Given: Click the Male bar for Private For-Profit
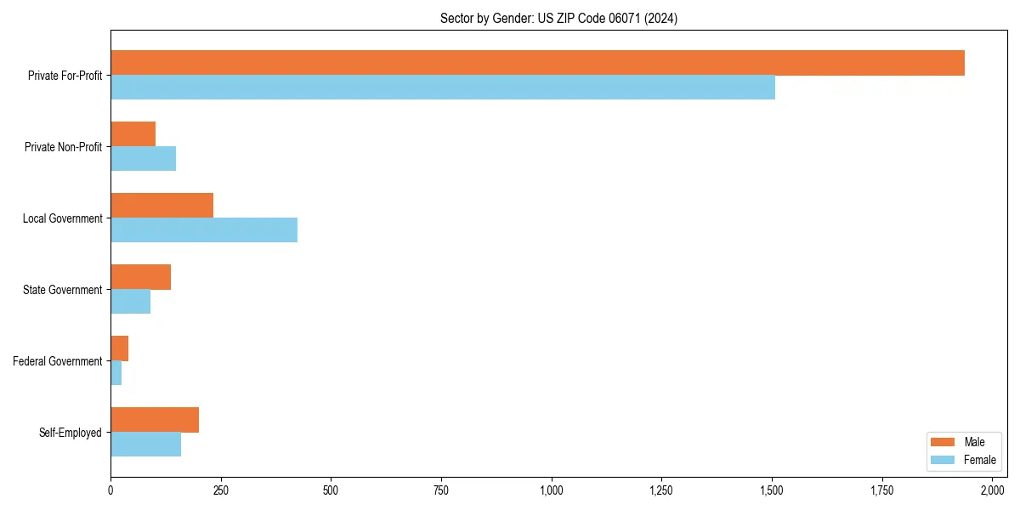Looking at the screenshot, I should tap(537, 63).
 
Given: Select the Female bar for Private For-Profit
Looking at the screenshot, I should tap(443, 88).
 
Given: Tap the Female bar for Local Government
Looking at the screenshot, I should tap(204, 229).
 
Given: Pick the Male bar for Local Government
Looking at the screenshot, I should tap(161, 206).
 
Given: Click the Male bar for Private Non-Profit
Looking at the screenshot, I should tap(133, 134).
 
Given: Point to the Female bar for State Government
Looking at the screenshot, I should tap(130, 302).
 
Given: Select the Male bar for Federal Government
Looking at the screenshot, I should tap(119, 348).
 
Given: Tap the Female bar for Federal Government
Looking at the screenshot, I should tap(116, 373).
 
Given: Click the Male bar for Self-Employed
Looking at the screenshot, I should tap(155, 420).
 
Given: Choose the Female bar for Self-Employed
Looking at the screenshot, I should tap(145, 445).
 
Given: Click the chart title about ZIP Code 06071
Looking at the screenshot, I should tap(558, 18).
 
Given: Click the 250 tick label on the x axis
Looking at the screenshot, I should tap(220, 490).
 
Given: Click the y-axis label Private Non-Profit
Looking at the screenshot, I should tap(63, 147).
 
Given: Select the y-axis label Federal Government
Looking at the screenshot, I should tap(58, 361).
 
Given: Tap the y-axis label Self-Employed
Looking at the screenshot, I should tap(71, 433).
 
